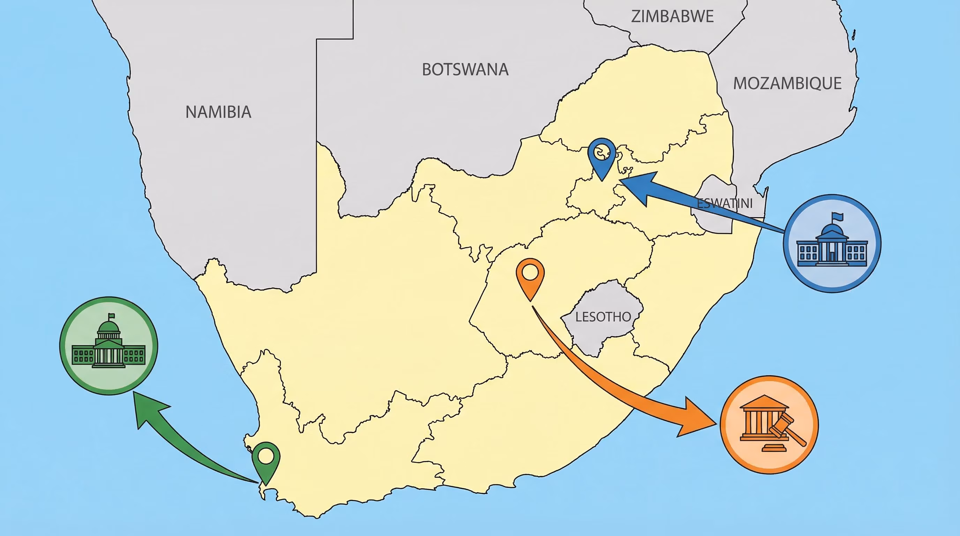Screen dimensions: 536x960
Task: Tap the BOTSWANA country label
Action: coord(465,70)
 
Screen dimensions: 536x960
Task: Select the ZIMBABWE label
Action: coord(672,16)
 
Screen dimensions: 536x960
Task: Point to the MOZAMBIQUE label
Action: coord(787,83)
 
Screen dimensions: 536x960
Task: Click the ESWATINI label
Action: coord(725,203)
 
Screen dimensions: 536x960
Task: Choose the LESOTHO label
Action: coord(603,317)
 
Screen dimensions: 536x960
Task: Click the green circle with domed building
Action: coord(108,345)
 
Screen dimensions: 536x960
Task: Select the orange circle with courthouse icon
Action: coord(769,425)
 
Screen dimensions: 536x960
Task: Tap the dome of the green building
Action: coord(108,327)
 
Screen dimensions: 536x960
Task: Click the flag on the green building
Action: coord(111,316)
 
